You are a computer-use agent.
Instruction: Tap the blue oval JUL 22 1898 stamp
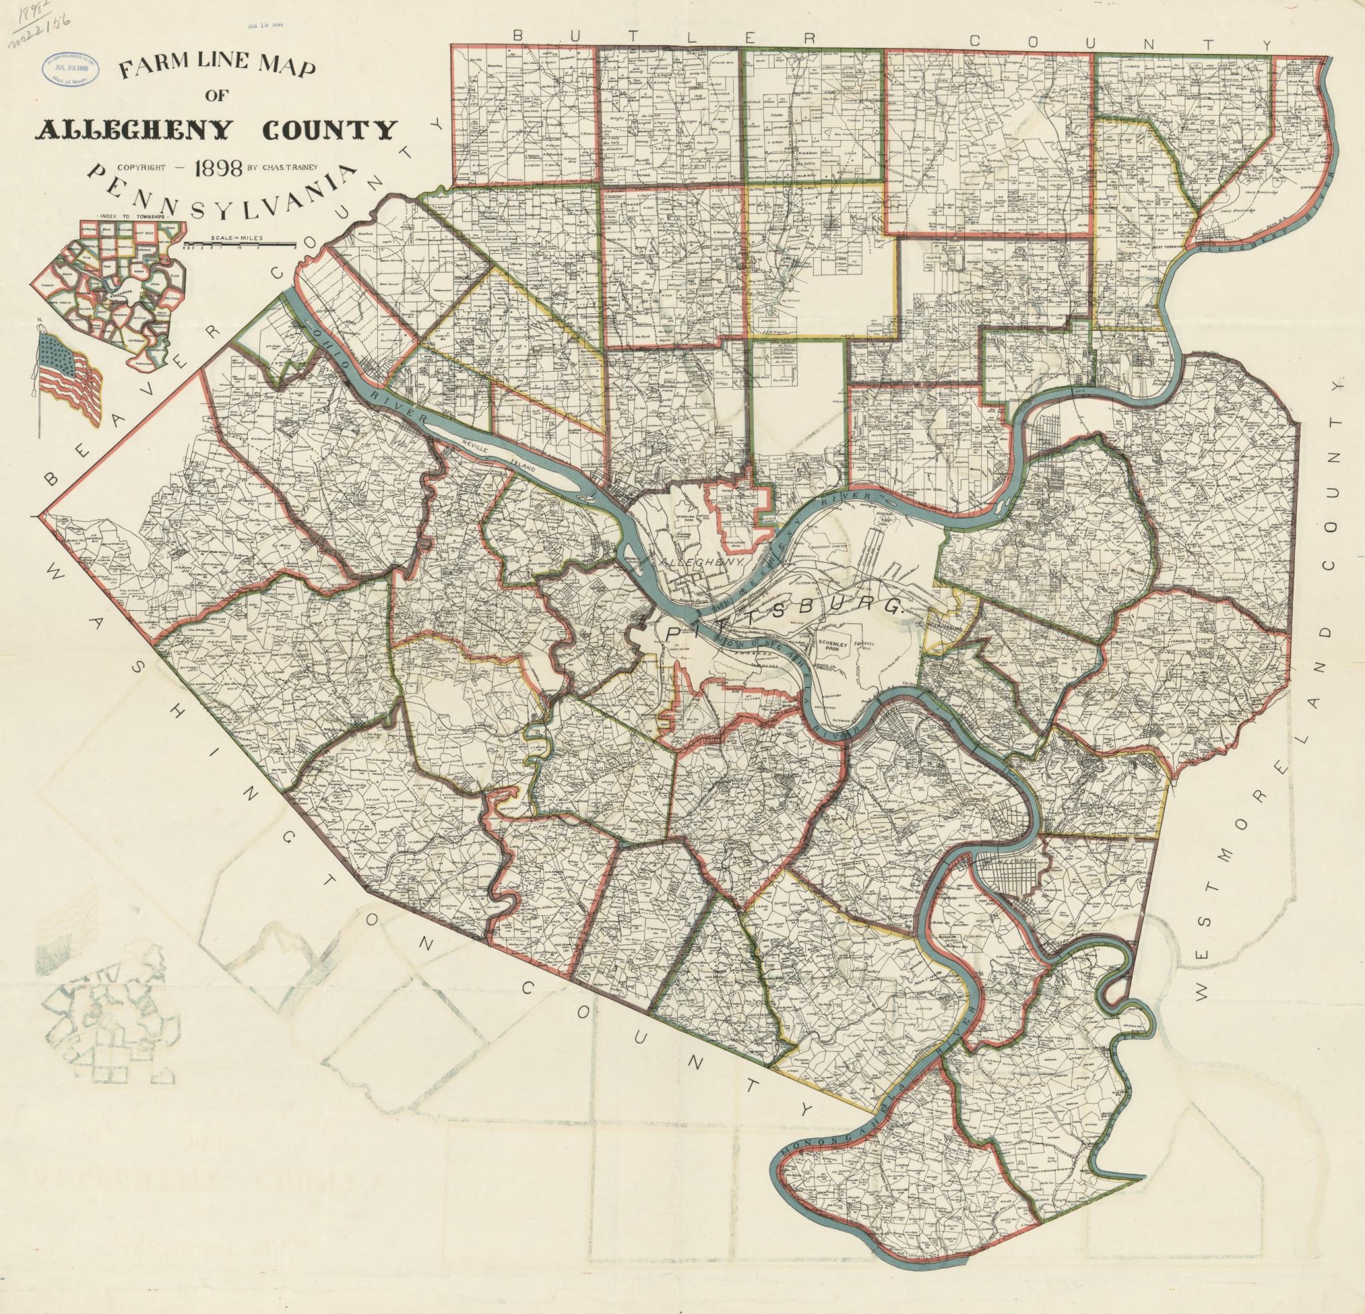coord(71,68)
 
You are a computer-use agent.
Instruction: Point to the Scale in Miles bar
coord(237,243)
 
